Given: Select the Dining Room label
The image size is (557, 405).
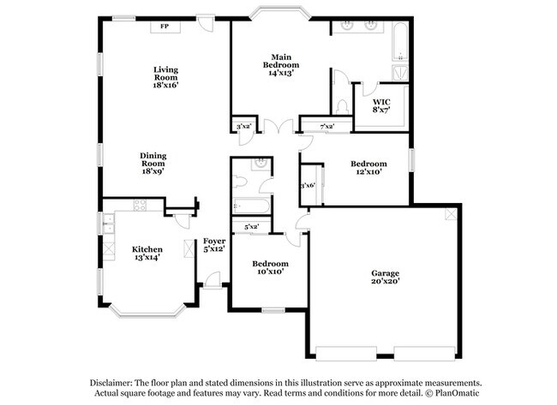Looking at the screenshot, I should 153,162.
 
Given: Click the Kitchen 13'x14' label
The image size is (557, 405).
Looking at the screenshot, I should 147,253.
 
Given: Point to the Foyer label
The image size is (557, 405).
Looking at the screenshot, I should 213,245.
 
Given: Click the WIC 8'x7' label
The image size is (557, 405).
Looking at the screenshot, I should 381,106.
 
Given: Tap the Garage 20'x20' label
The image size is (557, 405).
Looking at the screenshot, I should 385,277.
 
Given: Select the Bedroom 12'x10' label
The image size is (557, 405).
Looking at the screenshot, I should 368,167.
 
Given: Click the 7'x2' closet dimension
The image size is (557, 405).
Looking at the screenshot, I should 326,127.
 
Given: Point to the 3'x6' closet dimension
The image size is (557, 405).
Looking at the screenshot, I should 308,185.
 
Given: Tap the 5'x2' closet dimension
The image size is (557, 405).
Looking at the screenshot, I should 252,227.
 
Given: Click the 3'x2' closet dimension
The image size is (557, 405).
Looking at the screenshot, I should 243,127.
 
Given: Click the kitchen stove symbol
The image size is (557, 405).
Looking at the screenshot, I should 140,205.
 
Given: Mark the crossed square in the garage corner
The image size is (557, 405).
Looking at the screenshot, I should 450,214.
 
